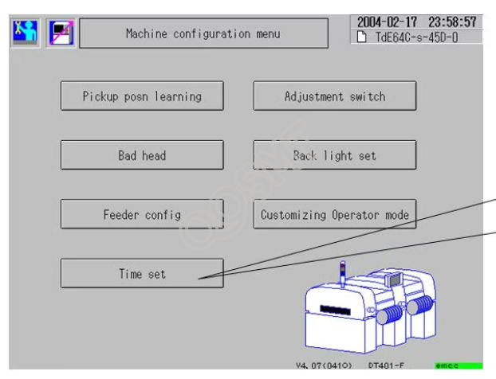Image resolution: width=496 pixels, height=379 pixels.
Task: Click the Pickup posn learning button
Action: [x=143, y=97]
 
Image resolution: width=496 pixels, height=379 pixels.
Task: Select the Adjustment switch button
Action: [x=335, y=97]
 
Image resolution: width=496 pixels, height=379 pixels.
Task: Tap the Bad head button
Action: [x=143, y=156]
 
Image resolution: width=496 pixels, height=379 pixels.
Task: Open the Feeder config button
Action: [x=143, y=215]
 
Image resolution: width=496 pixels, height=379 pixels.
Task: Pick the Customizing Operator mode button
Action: [x=335, y=215]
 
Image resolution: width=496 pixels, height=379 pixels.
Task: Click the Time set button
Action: [x=143, y=275]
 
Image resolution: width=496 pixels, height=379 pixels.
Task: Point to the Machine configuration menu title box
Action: [x=203, y=34]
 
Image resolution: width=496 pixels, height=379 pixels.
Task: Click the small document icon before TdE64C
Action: [x=361, y=37]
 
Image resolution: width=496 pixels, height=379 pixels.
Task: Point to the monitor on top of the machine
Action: [x=396, y=281]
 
